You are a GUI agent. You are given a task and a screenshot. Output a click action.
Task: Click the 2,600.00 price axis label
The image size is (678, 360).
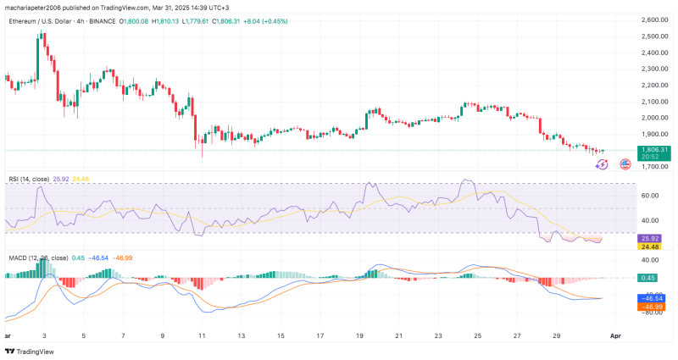[x=654, y=19]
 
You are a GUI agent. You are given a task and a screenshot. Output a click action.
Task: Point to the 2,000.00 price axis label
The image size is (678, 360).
[x=654, y=117]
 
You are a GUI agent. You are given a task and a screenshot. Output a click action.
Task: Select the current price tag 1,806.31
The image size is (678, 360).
[x=654, y=149]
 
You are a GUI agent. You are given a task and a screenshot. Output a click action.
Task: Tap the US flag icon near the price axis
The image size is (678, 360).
[x=626, y=164]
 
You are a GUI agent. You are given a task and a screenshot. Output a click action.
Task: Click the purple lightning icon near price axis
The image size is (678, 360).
[x=603, y=164]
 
